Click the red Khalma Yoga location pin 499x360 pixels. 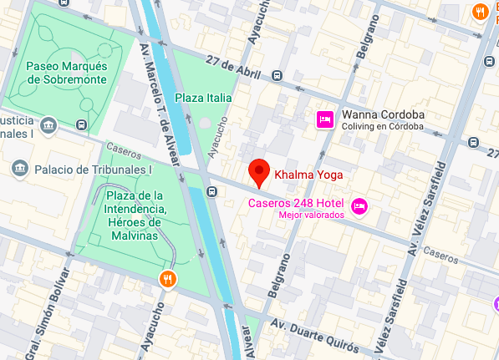tap(260, 173)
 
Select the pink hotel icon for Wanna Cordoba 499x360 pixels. tap(325, 120)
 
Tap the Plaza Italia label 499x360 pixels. tap(202, 98)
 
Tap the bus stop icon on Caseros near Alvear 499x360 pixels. tap(212, 193)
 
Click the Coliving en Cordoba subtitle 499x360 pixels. tap(380, 127)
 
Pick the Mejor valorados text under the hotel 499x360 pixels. tap(311, 215)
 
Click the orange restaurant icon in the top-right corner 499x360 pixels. tap(479, 11)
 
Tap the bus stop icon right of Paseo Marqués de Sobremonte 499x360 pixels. tap(81, 125)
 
